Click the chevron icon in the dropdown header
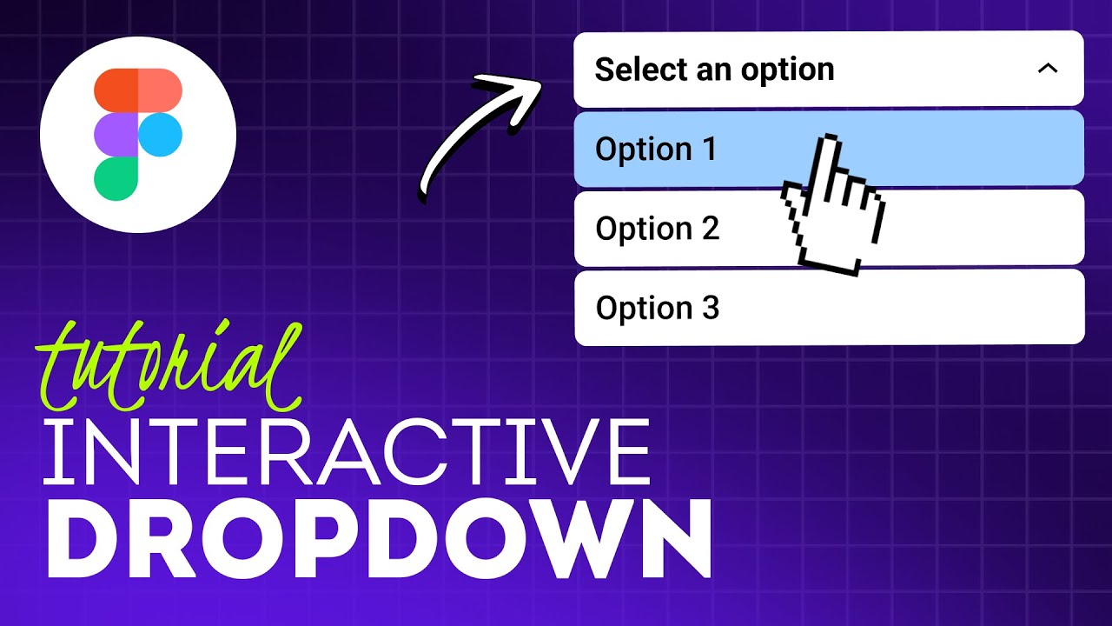[x=1048, y=68]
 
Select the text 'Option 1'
[x=656, y=150]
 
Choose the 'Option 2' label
[x=658, y=229]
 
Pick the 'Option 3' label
[x=658, y=308]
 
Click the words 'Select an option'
[x=714, y=70]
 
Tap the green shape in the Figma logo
[x=116, y=178]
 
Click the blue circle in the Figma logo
[x=160, y=135]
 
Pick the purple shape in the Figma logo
[x=116, y=135]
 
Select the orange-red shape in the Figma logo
[x=116, y=90]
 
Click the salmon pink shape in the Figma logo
[x=160, y=90]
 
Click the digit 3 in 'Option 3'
[x=711, y=308]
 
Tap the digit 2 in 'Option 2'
[x=710, y=229]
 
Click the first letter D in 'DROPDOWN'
[x=84, y=541]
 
